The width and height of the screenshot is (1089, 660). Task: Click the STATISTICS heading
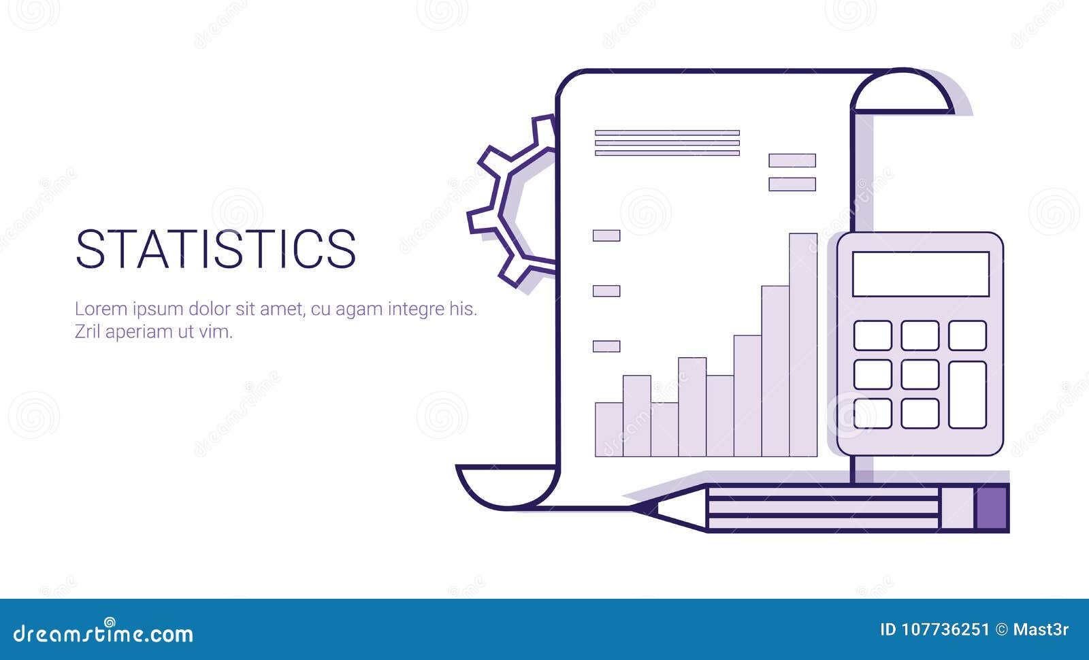click(215, 248)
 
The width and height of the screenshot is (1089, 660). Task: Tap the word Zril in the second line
click(87, 332)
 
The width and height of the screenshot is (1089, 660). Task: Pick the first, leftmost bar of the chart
click(608, 429)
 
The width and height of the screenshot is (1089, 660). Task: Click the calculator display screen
click(920, 274)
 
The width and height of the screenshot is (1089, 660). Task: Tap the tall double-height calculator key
click(967, 394)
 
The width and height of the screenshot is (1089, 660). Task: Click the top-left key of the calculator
click(873, 335)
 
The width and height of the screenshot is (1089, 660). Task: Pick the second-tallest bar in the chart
click(775, 371)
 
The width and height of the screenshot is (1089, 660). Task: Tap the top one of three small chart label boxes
click(606, 235)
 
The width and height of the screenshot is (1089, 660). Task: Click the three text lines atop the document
click(667, 143)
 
